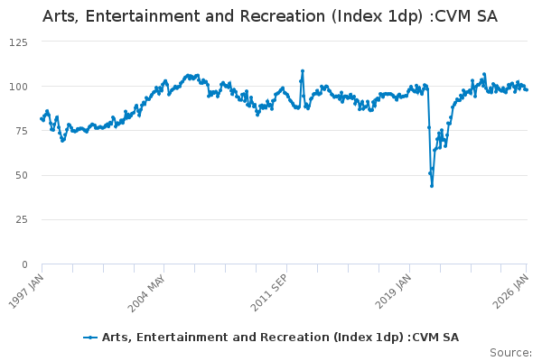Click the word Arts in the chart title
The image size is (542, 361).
pos(61,16)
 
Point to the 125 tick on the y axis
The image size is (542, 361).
pos(18,42)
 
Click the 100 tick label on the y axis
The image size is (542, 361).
pos(18,87)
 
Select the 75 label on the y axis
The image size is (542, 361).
pos(21,131)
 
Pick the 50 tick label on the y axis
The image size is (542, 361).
pos(21,175)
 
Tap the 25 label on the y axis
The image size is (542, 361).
pos(21,220)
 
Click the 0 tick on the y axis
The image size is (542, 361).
pos(24,264)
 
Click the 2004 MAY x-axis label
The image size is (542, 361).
pos(147,292)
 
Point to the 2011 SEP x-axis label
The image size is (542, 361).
pos(270,292)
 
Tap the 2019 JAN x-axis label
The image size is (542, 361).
pos(392,292)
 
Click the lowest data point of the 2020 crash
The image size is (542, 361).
pos(432,185)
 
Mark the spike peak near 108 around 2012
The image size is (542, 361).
pos(303,71)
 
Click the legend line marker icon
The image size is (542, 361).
pos(90,338)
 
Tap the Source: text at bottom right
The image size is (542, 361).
pos(510,352)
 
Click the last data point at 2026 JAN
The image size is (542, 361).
pos(527,89)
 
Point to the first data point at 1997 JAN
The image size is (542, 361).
pos(42,119)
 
